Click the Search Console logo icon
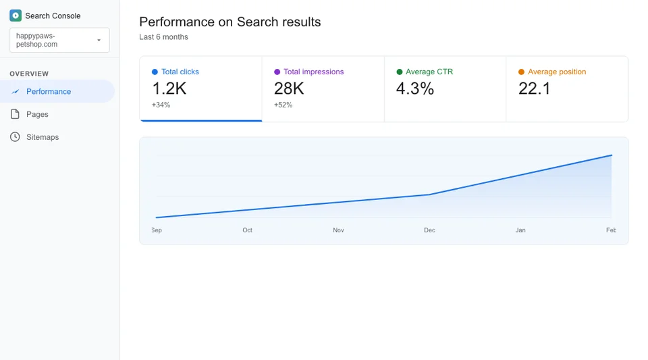tap(16, 16)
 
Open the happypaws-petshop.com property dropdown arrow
tap(99, 41)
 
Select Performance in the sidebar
tap(49, 92)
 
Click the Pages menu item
tap(37, 114)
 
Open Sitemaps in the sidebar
tap(43, 137)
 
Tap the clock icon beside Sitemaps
tap(15, 137)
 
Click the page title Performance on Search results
tap(230, 22)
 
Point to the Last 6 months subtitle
tap(163, 37)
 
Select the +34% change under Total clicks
tap(161, 105)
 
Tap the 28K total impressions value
tap(289, 88)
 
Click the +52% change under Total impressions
tap(283, 105)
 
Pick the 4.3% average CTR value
tap(415, 88)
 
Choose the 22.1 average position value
tap(534, 88)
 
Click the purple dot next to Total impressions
tap(277, 72)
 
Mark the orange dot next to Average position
tap(521, 72)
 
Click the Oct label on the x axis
tap(248, 230)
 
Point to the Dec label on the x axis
tap(429, 230)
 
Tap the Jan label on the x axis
tap(520, 230)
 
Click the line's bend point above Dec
tap(429, 195)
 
